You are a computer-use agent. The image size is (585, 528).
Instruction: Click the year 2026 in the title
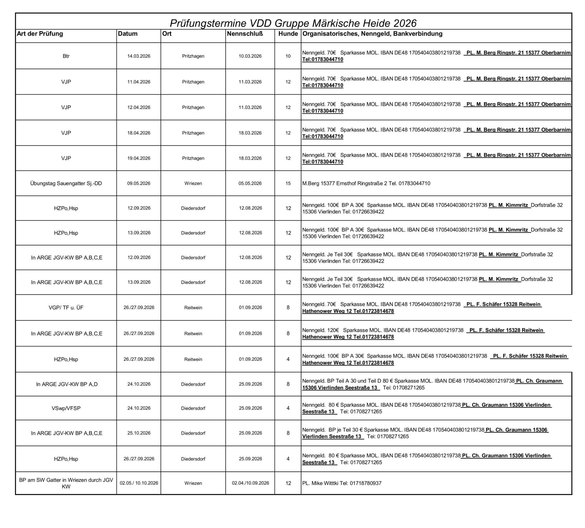[x=404, y=23]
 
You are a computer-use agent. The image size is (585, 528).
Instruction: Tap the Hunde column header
[x=288, y=34]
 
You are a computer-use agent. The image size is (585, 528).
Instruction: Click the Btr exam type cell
[x=66, y=56]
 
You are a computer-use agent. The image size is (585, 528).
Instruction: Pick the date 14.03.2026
[x=139, y=56]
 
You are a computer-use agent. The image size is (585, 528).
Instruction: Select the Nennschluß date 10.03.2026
[x=250, y=56]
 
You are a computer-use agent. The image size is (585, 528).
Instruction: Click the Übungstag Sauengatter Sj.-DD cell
[x=66, y=183]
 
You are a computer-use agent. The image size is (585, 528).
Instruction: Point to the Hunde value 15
[x=288, y=183]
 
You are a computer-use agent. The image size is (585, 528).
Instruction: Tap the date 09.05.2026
[x=139, y=183]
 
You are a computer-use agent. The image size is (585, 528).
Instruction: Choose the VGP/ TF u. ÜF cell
[x=66, y=307]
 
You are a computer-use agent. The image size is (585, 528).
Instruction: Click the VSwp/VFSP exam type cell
[x=66, y=408]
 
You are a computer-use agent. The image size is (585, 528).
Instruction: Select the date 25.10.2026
[x=139, y=433]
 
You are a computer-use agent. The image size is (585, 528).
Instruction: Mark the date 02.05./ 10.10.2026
[x=139, y=483]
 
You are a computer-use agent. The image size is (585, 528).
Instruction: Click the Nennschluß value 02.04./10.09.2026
[x=250, y=483]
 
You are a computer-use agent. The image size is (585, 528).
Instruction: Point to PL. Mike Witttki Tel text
[x=342, y=483]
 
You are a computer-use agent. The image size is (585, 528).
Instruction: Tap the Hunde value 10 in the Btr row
[x=288, y=56]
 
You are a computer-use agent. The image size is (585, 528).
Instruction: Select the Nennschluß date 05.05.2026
[x=250, y=183]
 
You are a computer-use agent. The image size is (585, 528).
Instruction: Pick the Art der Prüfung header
[x=40, y=34]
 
